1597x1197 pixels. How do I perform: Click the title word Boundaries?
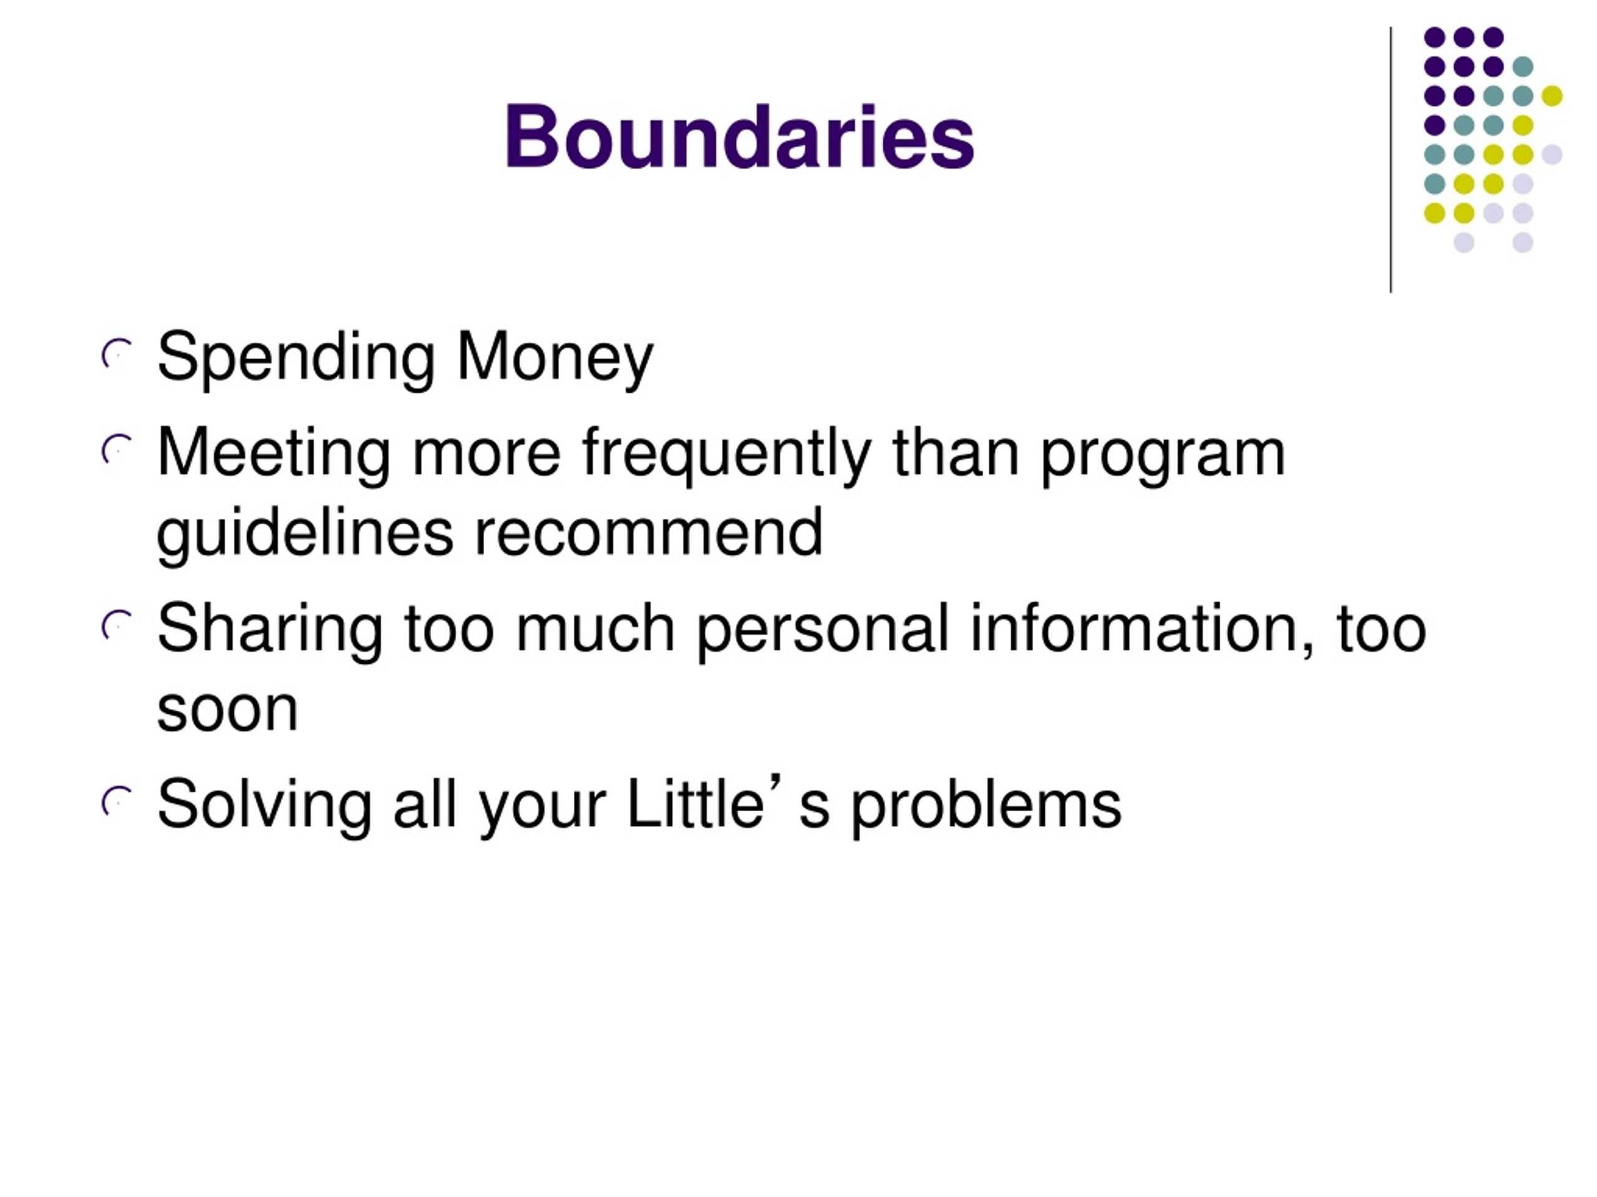[x=739, y=137]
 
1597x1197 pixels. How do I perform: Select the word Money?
[x=555, y=358]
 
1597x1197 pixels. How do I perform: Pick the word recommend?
[x=648, y=532]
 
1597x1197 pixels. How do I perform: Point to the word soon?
[x=228, y=709]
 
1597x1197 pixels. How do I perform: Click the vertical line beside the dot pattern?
[x=1391, y=160]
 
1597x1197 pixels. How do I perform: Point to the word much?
[x=596, y=628]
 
